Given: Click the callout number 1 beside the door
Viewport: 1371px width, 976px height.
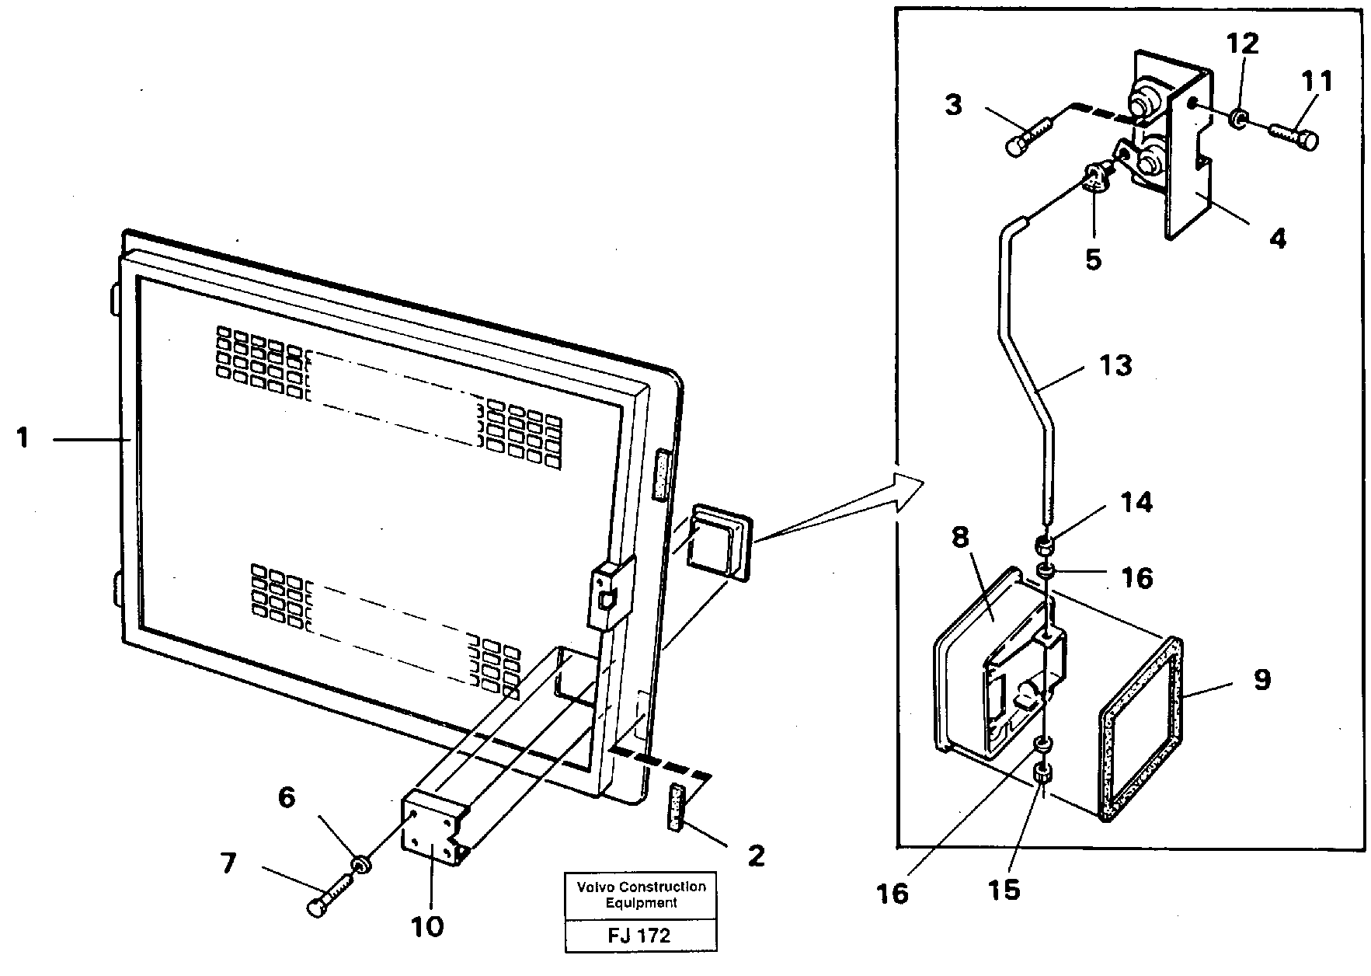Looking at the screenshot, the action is click(23, 439).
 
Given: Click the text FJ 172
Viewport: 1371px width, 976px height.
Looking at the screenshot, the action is click(640, 936).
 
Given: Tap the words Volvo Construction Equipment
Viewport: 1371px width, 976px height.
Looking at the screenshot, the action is click(641, 894).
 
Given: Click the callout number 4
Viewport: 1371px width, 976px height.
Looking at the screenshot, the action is click(1276, 238).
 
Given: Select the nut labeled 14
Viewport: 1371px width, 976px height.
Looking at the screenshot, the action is click(1046, 543).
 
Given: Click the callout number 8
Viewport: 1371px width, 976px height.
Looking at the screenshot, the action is click(960, 538).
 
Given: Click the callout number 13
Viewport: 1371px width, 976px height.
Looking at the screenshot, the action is click(1115, 364).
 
